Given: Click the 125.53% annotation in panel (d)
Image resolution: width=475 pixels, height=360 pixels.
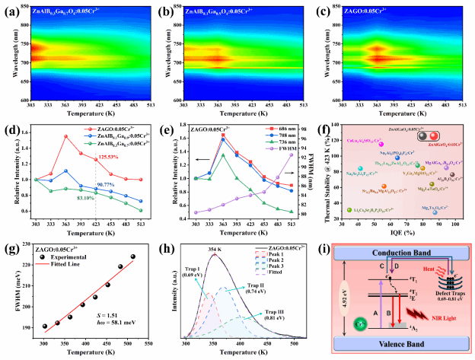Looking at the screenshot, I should point(107,158).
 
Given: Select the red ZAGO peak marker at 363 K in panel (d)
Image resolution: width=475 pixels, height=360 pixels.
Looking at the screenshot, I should point(66,136).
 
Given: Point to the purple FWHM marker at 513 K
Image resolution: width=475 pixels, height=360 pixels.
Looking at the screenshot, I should point(289,155).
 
